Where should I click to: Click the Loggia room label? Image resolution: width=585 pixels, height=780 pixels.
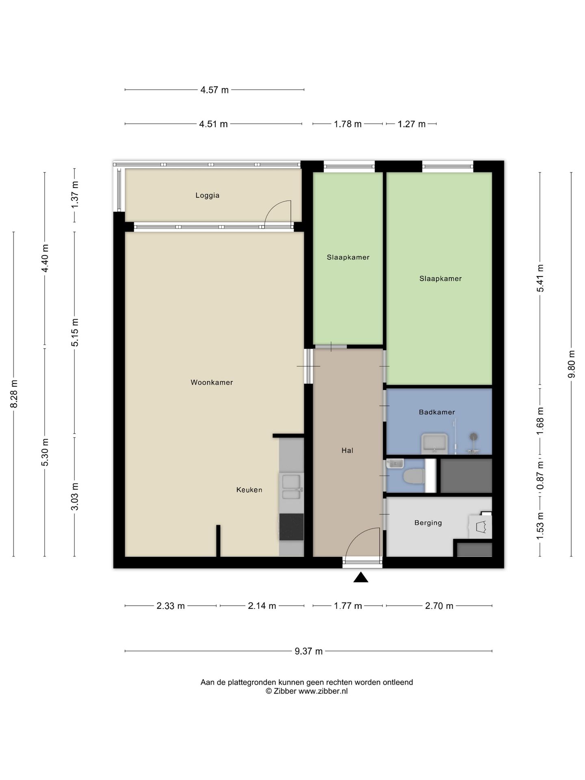[x=207, y=195]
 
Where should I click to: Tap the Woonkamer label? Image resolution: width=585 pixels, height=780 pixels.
[x=212, y=382]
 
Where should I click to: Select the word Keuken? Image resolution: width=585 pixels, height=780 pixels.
[x=249, y=490]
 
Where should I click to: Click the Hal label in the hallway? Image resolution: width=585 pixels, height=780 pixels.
[x=347, y=450]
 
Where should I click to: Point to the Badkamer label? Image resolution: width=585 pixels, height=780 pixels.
[x=437, y=412]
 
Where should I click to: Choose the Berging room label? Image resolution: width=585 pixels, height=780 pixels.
[x=428, y=523]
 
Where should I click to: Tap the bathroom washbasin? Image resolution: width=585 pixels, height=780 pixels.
[x=434, y=444]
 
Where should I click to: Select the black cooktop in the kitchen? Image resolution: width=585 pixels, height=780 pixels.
[x=291, y=527]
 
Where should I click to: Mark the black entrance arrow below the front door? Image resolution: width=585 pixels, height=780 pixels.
[x=361, y=577]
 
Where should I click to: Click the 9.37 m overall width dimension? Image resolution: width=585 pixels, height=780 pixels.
[x=308, y=651]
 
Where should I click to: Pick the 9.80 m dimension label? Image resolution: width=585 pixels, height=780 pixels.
[x=571, y=364]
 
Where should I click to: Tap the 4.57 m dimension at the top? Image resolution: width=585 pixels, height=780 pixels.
[x=214, y=90]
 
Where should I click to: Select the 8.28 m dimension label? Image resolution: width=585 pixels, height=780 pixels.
[x=14, y=394]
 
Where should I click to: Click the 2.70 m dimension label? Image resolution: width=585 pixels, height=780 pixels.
[x=439, y=606]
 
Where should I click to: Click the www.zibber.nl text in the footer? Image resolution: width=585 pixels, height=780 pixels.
[x=323, y=691]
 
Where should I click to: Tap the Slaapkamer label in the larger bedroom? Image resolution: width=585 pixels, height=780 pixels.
[x=440, y=279]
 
